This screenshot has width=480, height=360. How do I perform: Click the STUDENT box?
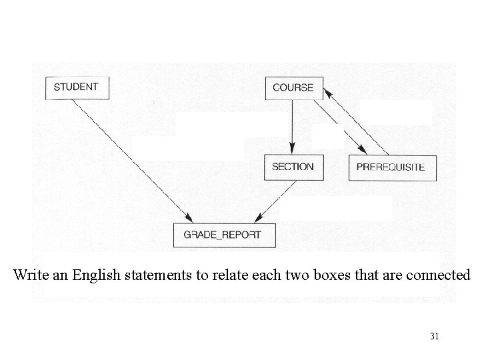click(x=76, y=87)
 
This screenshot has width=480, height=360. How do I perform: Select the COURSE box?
click(x=293, y=87)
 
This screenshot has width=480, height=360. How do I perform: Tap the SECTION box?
click(x=293, y=167)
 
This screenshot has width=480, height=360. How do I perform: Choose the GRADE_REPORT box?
click(x=223, y=235)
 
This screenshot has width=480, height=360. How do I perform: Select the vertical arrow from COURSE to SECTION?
click(x=292, y=127)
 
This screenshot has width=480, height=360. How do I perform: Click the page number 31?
click(x=434, y=337)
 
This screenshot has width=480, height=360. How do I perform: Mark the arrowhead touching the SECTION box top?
click(x=292, y=151)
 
